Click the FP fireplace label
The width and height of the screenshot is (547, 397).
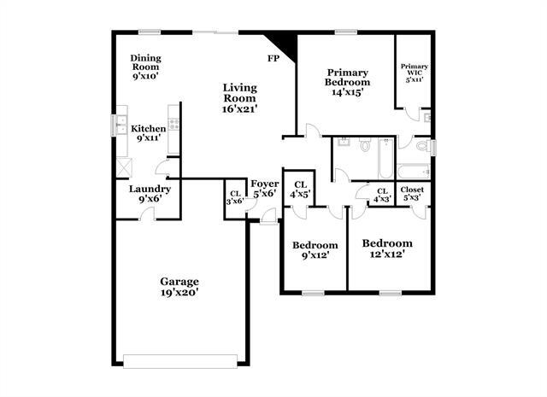273,58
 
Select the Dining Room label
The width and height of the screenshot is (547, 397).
146,67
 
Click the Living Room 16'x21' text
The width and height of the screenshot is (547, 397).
240,97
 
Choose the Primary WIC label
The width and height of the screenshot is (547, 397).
415,71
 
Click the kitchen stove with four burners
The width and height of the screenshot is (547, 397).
174,123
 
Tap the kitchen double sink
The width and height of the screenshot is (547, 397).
121,125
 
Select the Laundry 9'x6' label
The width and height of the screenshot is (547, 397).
150,194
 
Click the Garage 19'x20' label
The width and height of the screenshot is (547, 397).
179,287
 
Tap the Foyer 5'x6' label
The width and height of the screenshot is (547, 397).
263,188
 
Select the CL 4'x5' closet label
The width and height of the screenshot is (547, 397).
300,190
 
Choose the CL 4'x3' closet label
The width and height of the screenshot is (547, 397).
381,195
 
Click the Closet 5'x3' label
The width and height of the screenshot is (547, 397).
412,194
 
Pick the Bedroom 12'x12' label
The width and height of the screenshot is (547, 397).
387,248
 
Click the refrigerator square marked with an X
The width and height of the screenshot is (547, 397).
125,166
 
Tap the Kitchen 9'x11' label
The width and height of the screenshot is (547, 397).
149,133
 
